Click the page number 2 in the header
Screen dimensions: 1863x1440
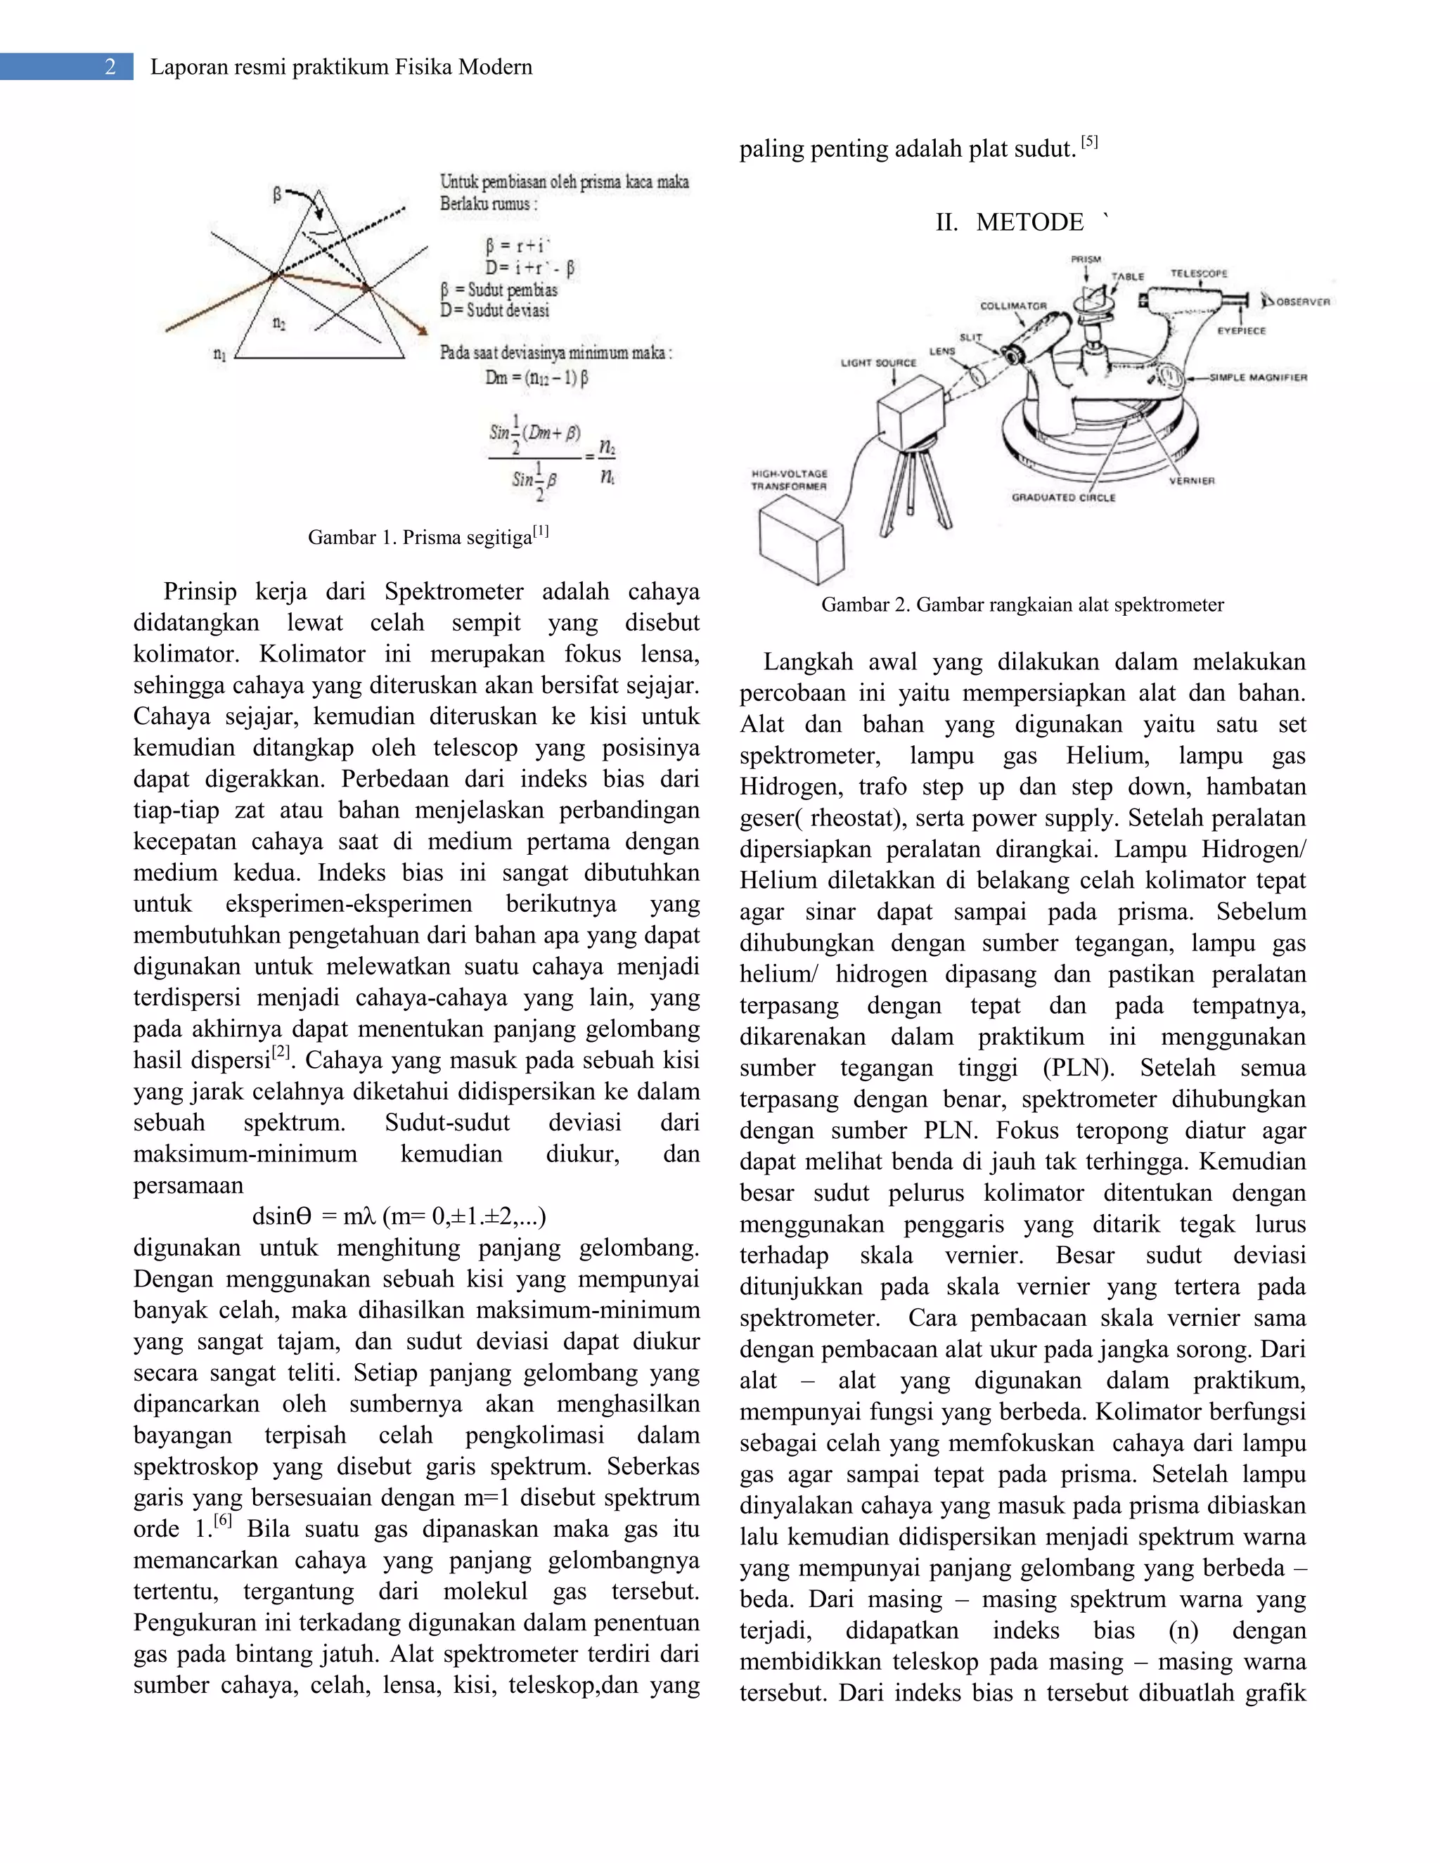pyautogui.click(x=110, y=67)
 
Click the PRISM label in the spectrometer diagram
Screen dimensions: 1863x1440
pyautogui.click(x=1085, y=259)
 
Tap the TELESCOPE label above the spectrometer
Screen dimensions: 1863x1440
pyautogui.click(x=1199, y=273)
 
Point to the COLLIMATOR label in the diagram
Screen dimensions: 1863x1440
pyautogui.click(x=1012, y=305)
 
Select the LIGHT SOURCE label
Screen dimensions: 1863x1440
pyautogui.click(x=879, y=363)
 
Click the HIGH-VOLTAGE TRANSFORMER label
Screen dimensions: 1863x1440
pyautogui.click(x=789, y=479)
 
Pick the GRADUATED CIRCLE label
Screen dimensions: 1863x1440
pyautogui.click(x=1063, y=497)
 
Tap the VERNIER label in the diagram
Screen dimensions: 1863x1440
pyautogui.click(x=1191, y=481)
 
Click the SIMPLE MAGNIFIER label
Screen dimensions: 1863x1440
pyautogui.click(x=1259, y=377)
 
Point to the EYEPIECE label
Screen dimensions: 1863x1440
pyautogui.click(x=1241, y=330)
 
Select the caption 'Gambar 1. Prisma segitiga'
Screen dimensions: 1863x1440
pyautogui.click(x=428, y=536)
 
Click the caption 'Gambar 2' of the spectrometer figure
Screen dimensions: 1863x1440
pyautogui.click(x=1022, y=605)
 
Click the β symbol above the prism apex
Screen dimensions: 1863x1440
pyautogui.click(x=277, y=195)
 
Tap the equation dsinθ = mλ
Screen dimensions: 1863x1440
pyautogui.click(x=399, y=1216)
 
